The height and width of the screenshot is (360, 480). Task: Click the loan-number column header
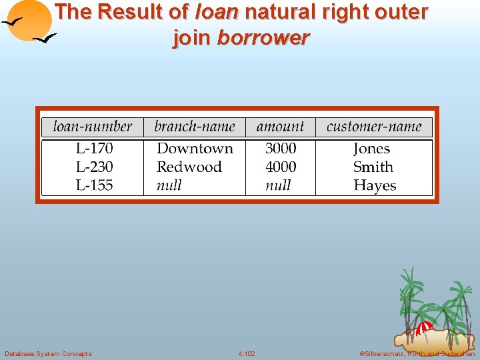(93, 127)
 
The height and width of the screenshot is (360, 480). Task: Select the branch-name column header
(195, 127)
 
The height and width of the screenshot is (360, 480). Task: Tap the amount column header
(280, 127)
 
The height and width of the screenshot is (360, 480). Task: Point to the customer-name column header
(374, 127)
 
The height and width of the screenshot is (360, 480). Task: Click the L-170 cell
(94, 149)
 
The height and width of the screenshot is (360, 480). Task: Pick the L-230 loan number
(94, 167)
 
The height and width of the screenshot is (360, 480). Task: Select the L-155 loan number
(94, 186)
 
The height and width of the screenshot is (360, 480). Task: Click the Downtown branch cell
(195, 149)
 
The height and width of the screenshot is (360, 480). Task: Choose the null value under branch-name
(169, 186)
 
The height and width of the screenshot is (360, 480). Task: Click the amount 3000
(281, 149)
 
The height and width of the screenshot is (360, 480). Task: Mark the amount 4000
(281, 167)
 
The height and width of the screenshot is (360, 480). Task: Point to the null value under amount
(278, 186)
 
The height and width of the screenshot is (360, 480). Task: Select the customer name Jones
(371, 149)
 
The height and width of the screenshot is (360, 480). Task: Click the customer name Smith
(373, 167)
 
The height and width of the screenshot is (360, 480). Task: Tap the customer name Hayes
(375, 186)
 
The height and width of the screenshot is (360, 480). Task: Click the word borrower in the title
(263, 38)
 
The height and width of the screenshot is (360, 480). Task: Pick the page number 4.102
(247, 353)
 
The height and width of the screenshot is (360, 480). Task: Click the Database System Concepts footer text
(48, 353)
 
